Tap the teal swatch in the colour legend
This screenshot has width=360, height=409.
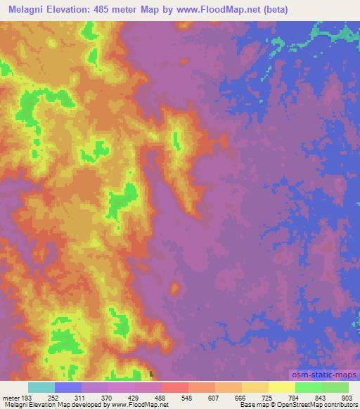41,387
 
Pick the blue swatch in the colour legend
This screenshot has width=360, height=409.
68,387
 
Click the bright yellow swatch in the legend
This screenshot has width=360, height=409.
282,387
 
